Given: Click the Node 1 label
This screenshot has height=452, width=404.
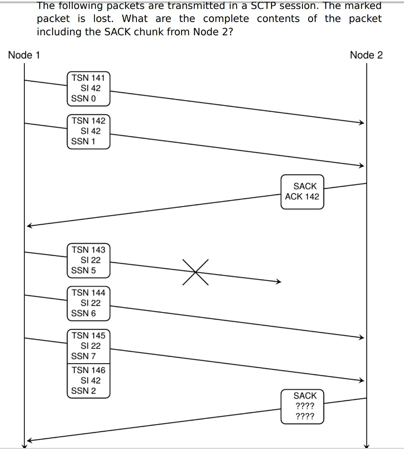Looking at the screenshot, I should (24, 55).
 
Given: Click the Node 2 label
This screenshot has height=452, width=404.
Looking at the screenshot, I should (366, 55).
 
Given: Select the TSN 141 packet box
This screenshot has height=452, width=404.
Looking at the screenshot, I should (88, 88).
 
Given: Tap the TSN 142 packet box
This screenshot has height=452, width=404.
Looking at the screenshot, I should (88, 131).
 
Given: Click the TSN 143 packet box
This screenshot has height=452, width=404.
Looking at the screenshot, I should (88, 260).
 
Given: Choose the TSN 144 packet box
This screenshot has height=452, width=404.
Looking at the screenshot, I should (88, 303).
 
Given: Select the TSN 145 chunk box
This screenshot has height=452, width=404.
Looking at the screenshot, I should (88, 346).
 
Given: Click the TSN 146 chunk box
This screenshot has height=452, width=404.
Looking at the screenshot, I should (88, 380).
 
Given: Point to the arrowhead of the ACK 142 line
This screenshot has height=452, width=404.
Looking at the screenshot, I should (29, 225).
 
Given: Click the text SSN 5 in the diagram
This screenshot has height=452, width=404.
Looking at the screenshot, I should (83, 271).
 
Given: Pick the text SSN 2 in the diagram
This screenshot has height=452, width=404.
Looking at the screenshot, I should (83, 391).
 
